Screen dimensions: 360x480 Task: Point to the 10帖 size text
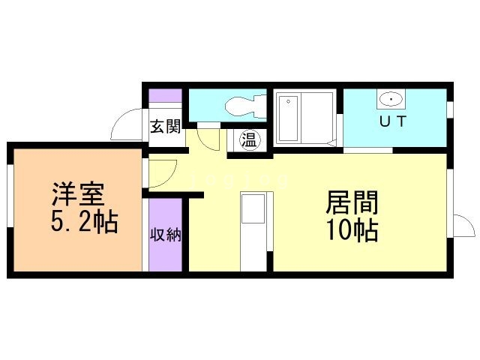coord(351,229)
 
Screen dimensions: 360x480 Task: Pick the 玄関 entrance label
coord(165,127)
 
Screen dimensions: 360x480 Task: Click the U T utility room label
coord(391,122)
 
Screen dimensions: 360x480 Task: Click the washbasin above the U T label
coord(391,99)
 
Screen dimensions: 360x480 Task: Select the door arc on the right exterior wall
coord(464,226)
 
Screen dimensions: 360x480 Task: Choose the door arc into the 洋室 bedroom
coord(161,174)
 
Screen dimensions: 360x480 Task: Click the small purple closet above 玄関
coord(165,97)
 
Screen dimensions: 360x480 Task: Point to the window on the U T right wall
coord(450,109)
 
